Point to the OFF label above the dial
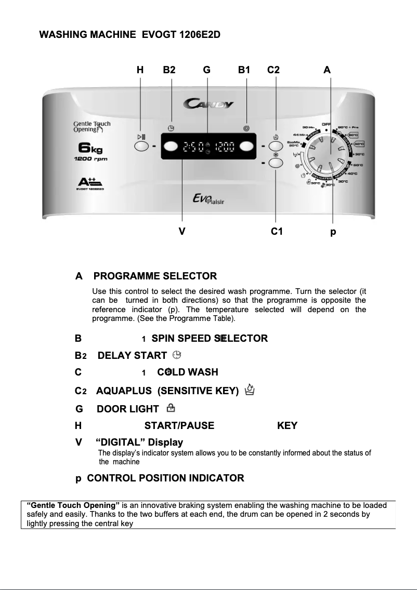coord(326,124)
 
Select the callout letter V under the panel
coord(182,232)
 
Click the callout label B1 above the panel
coord(244,70)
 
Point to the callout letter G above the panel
coord(207,70)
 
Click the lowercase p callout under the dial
coord(333,232)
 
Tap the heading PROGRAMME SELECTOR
coord(159,276)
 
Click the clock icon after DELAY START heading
coord(177,355)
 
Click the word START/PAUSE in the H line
coord(179,426)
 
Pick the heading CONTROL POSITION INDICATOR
coord(165,478)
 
